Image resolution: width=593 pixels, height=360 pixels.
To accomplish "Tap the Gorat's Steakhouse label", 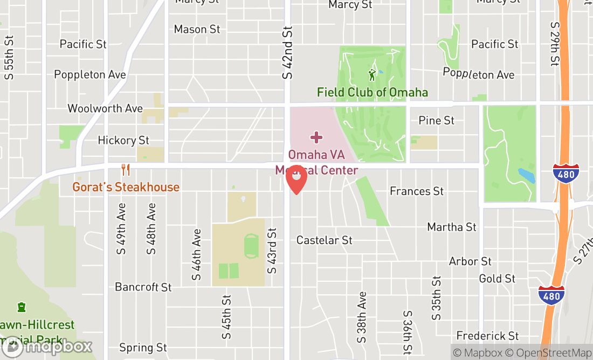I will pyautogui.click(x=126, y=187).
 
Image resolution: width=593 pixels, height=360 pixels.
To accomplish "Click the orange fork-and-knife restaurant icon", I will pyautogui.click(x=126, y=170).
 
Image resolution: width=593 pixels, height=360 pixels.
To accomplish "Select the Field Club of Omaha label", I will pyautogui.click(x=373, y=92).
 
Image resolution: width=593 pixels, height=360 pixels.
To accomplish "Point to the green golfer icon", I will pyautogui.click(x=371, y=75).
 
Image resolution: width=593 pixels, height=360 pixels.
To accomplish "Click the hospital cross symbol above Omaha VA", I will pyautogui.click(x=316, y=137).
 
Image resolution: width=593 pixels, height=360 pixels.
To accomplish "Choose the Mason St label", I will pyautogui.click(x=197, y=29).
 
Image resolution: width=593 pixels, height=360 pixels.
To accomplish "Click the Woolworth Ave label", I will pyautogui.click(x=105, y=108).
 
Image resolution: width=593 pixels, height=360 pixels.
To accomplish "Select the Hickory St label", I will pyautogui.click(x=123, y=140).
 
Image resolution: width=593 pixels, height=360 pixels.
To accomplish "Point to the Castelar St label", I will pyautogui.click(x=325, y=240).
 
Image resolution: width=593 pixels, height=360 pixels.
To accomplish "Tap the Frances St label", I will pyautogui.click(x=417, y=191).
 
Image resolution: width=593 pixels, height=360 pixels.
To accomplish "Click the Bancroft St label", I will pyautogui.click(x=143, y=287).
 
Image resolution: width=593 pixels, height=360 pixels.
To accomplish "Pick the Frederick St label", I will pyautogui.click(x=488, y=336).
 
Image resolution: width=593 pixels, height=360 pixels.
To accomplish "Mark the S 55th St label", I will pyautogui.click(x=9, y=58).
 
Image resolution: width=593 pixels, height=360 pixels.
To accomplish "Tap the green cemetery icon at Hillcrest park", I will pyautogui.click(x=22, y=307).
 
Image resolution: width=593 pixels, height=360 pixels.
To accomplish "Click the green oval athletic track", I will pyautogui.click(x=251, y=246).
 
